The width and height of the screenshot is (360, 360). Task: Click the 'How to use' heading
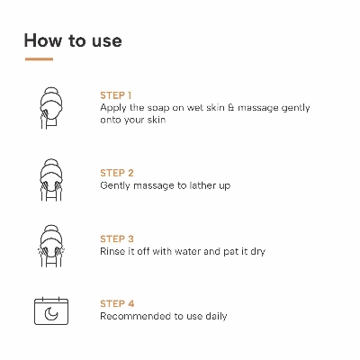point(73,40)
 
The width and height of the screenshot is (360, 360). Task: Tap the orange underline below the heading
point(39,59)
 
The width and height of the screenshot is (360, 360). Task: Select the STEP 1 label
point(116,95)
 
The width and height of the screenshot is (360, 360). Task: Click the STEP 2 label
point(117,173)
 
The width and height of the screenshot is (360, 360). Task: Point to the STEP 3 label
point(117,238)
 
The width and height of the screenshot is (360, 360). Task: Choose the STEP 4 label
point(117,303)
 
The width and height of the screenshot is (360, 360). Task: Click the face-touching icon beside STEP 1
point(51,108)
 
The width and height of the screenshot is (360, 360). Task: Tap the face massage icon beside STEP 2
point(51,180)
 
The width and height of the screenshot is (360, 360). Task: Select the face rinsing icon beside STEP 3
point(51,246)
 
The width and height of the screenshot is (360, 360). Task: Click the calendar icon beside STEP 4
point(51,311)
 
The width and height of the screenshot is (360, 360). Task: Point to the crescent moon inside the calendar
point(51,314)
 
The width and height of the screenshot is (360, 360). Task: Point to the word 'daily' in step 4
point(216,317)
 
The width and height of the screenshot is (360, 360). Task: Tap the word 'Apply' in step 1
point(112,109)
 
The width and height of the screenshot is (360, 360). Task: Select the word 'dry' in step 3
point(257,252)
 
